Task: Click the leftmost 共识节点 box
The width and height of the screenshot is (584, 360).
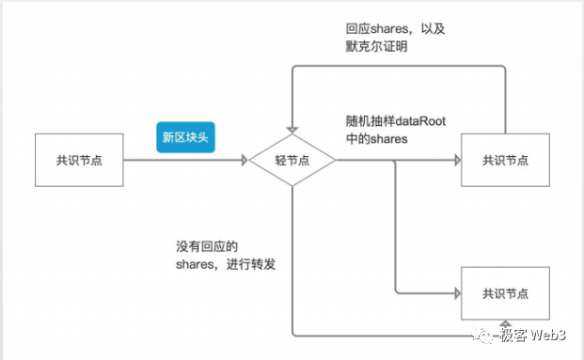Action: pos(79,159)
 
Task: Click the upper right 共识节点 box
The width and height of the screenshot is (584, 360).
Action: pos(504,159)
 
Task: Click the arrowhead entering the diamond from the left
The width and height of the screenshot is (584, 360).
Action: pos(243,159)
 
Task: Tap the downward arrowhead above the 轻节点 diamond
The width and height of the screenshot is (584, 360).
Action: pos(292,130)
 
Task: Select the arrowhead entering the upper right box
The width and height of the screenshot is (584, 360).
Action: pos(455,159)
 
